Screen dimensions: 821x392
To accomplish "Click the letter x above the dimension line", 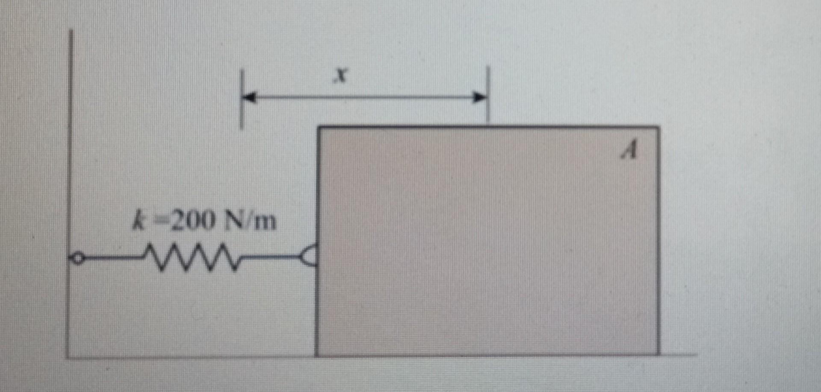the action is [x=340, y=76].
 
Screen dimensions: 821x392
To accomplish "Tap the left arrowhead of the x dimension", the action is [x=250, y=97].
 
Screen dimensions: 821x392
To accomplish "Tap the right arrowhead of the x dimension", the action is [x=480, y=97].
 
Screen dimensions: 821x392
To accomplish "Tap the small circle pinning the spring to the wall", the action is [x=77, y=258].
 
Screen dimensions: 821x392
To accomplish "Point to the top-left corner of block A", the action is [x=319, y=127].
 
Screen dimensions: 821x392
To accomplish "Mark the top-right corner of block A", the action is [x=658, y=127].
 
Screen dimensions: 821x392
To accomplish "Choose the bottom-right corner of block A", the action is [x=658, y=354].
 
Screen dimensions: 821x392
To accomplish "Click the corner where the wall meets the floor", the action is [x=68, y=357].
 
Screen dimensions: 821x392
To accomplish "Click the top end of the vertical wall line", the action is [x=71, y=31].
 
